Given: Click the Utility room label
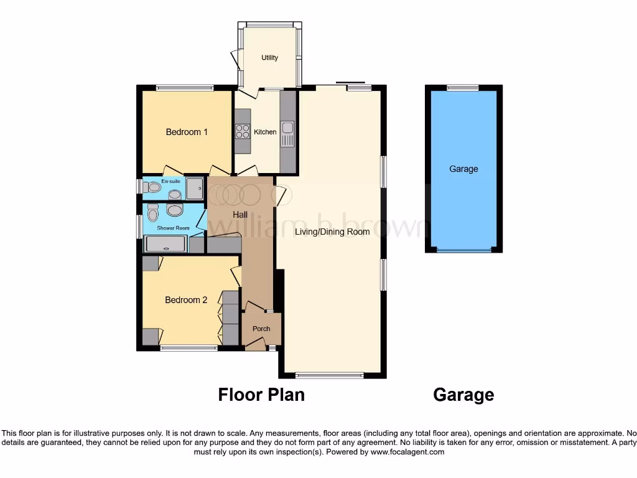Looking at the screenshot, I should coord(269,58).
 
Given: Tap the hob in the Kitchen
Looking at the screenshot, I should coord(242,131).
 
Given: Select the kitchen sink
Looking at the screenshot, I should coord(287,129).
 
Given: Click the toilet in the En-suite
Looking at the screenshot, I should coord(151,187).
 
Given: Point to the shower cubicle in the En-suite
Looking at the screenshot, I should coord(195,188).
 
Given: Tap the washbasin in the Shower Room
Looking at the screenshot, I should coord(175,210).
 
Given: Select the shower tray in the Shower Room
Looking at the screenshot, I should coord(165,245).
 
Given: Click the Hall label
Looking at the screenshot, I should coord(240,214).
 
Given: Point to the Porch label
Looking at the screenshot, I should coord(261,329).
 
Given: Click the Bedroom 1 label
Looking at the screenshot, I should coord(187,132).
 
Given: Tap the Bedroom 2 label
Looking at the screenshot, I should coord(186,300).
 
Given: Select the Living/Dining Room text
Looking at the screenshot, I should coord(332,232).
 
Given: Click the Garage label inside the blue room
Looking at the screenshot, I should coord(463,169).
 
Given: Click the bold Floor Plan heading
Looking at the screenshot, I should coord(261,395).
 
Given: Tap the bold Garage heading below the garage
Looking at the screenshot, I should coord(463,395).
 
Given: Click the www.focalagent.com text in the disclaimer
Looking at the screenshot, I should coord(407,452).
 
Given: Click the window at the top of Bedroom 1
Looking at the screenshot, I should coord(185,88).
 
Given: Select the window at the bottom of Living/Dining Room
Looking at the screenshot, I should coord(329,375).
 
